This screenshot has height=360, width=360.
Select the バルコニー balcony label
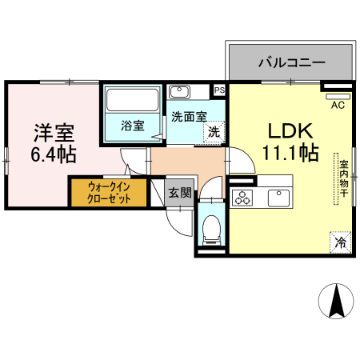click(290, 62)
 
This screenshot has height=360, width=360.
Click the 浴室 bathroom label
click(132, 126)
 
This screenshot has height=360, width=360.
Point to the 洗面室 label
click(189, 116)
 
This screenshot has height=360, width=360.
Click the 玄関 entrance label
click(180, 192)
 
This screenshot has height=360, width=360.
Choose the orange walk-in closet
click(107, 192)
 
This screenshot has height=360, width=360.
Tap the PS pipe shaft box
click(219, 90)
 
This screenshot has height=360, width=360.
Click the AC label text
click(337, 103)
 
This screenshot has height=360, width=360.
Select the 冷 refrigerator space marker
click(340, 241)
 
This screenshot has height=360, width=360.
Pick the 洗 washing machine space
click(214, 132)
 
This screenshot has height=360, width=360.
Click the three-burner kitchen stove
click(243, 198)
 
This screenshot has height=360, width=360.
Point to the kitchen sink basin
click(281, 197)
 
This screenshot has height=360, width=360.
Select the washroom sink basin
click(181, 91)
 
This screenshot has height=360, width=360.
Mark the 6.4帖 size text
click(54, 154)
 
